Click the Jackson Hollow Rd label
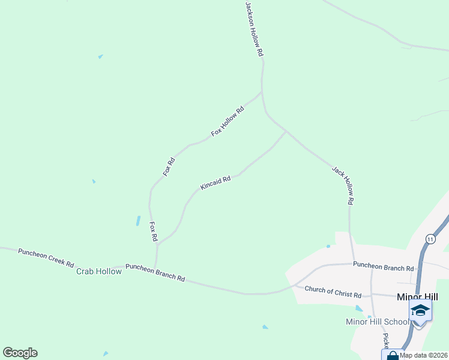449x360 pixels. point(255,29)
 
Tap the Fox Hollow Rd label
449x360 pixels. point(228,121)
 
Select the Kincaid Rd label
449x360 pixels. point(215,182)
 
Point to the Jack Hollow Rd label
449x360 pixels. point(342,186)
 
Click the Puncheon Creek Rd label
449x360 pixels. point(46,257)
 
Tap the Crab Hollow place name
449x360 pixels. point(99,271)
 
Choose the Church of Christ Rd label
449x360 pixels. point(333,292)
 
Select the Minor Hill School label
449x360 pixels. point(378,322)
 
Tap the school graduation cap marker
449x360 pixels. point(420,310)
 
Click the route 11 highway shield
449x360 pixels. point(430,239)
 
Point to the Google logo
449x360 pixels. point(20,353)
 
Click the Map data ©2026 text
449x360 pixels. point(424,355)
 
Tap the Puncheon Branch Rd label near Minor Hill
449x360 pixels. point(383,265)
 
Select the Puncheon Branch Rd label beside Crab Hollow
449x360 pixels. point(155,272)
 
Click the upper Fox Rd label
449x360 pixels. point(169,166)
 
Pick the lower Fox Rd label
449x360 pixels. point(153,232)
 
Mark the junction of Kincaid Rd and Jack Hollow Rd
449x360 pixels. point(286,131)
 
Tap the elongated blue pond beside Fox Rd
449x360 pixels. point(138,221)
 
